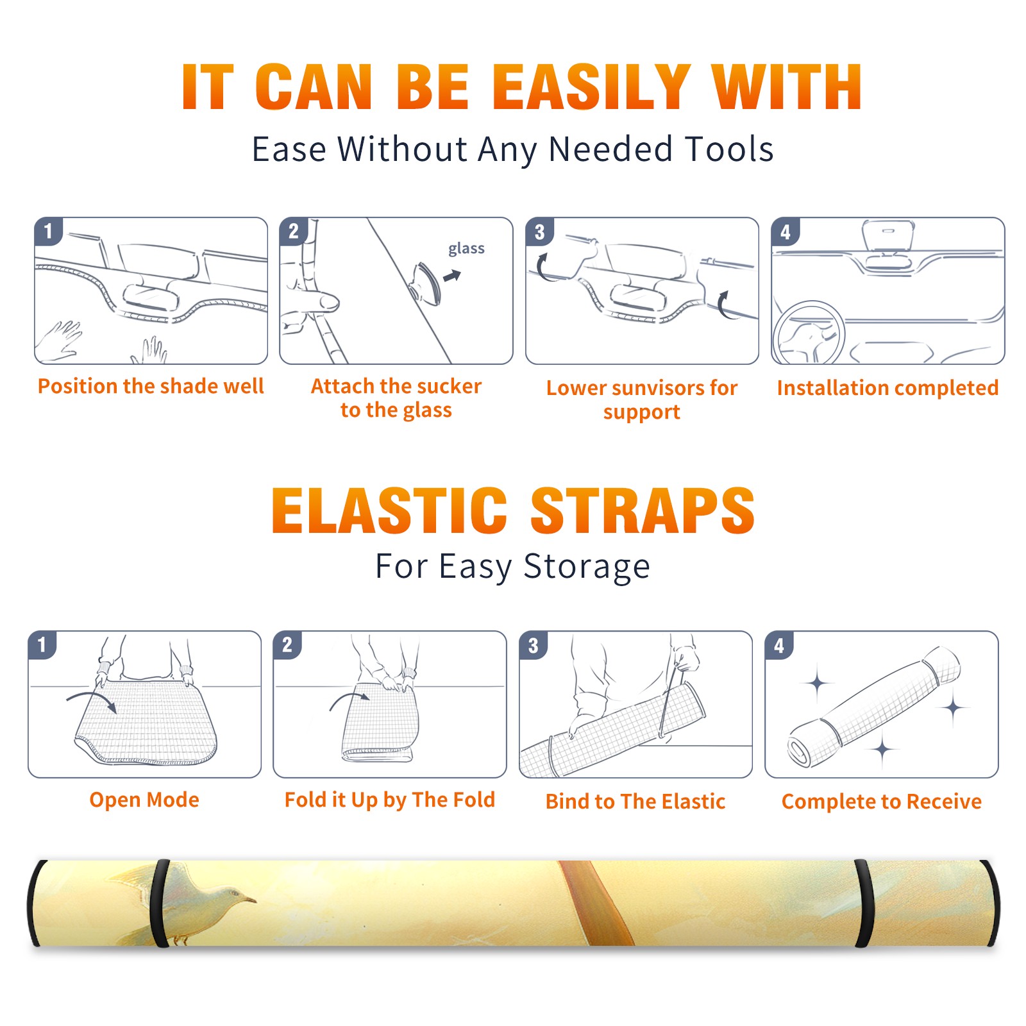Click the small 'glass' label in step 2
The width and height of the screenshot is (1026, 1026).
(466, 249)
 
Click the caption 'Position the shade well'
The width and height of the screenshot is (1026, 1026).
(151, 386)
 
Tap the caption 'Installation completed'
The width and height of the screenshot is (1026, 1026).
(887, 387)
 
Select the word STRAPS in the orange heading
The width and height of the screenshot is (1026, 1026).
(643, 510)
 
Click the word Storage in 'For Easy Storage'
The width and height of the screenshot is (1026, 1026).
(587, 567)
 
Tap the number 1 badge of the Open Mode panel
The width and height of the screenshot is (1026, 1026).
(42, 644)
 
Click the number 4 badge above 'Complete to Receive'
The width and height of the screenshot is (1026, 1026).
(779, 645)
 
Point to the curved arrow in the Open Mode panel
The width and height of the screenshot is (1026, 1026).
(92, 699)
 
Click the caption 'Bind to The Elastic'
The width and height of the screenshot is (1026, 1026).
(635, 802)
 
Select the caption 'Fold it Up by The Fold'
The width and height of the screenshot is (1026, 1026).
(390, 800)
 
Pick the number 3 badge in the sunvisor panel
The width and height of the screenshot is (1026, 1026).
(539, 231)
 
